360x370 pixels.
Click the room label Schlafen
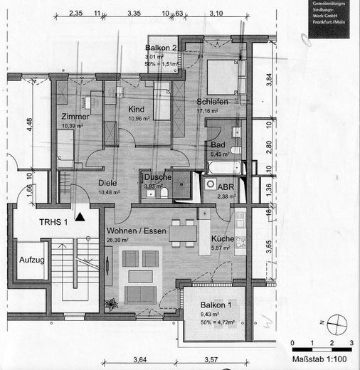click(x=212, y=102)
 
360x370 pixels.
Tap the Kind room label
click(x=137, y=108)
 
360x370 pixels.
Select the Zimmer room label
click(x=75, y=116)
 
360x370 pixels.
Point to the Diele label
click(x=107, y=181)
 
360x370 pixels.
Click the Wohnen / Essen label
click(x=137, y=231)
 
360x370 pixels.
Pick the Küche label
click(x=223, y=240)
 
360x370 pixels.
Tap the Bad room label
click(x=218, y=144)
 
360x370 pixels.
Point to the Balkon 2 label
click(x=163, y=48)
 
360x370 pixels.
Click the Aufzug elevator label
click(x=31, y=260)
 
